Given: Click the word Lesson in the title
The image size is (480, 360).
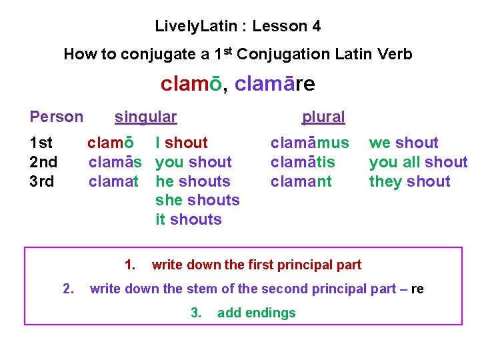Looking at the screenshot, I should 275,27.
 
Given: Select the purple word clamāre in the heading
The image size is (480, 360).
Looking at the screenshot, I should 275,85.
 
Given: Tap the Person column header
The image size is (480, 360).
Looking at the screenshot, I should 57,117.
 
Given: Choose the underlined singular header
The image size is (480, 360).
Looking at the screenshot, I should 145,117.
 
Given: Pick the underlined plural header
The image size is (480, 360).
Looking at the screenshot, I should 323,117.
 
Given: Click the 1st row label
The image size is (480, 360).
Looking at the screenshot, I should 41,143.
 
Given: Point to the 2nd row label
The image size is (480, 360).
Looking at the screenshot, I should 43,162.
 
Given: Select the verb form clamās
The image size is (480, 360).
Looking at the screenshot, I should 115,162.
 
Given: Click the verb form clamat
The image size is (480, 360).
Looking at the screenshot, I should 113,181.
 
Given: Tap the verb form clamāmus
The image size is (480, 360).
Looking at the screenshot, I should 309,143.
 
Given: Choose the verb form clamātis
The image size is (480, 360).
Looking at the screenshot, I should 303,162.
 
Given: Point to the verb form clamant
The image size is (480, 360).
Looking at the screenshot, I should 301,181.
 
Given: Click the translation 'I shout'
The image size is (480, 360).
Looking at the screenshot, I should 181,143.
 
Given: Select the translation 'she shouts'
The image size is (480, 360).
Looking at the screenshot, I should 197,200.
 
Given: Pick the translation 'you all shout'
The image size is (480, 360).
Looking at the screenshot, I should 418,162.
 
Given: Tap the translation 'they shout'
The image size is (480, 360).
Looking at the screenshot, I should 409,181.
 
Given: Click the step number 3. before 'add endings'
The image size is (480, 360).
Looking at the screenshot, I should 196,313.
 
